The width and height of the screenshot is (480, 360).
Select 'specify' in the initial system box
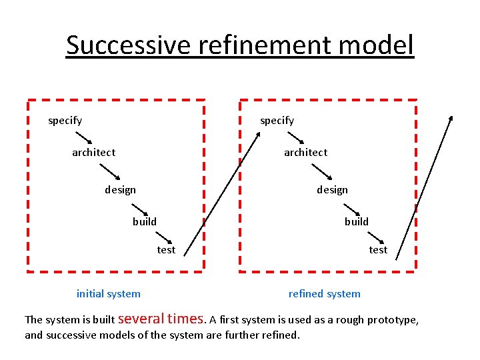[x=65, y=121]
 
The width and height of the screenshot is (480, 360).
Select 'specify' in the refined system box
[x=277, y=121]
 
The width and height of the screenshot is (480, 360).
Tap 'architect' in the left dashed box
[x=93, y=153]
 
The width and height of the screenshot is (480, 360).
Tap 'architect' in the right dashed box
[x=305, y=153]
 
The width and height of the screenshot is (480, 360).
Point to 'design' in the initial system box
[x=120, y=190]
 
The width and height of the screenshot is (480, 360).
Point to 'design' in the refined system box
[x=332, y=190]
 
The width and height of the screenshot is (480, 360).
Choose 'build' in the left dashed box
[x=145, y=222]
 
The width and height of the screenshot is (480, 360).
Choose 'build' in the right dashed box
[x=357, y=222]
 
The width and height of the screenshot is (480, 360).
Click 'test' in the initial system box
[x=166, y=250]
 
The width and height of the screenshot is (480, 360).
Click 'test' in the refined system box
[x=378, y=250]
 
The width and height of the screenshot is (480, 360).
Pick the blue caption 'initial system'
[x=109, y=294]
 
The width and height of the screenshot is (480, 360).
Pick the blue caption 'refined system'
[x=324, y=294]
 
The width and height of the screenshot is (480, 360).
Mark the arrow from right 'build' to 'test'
[x=375, y=236]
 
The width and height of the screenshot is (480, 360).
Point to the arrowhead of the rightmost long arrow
[x=451, y=119]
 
